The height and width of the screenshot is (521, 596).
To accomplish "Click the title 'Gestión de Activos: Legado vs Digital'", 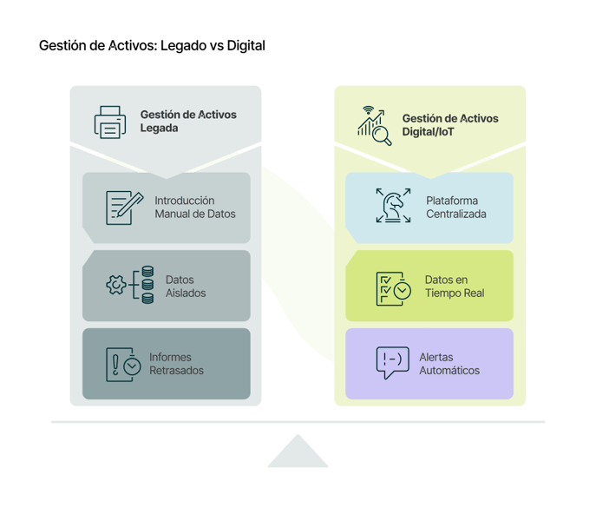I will click(x=152, y=45).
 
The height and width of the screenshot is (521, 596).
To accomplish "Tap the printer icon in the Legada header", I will click(x=110, y=122).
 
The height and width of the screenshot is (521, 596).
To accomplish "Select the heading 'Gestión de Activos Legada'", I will click(x=188, y=122).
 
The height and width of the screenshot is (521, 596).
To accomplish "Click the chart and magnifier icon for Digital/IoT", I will click(x=373, y=122).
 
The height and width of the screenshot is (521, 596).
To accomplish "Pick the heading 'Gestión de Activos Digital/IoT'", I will click(x=449, y=125).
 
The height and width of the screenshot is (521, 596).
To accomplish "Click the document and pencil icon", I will click(x=123, y=208).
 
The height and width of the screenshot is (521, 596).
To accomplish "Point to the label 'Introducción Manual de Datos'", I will click(x=194, y=208).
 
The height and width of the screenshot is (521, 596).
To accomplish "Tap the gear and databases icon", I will click(x=128, y=286).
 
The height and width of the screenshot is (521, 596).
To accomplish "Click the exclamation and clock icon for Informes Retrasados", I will click(x=123, y=364).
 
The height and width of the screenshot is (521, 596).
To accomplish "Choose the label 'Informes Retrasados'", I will click(x=176, y=364).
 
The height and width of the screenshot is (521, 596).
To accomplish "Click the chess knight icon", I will click(x=393, y=207).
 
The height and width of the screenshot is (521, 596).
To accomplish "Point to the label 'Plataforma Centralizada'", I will click(x=455, y=208).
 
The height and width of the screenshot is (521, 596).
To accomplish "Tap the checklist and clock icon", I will click(x=392, y=288).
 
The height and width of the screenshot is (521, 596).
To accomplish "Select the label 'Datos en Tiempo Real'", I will click(x=454, y=287).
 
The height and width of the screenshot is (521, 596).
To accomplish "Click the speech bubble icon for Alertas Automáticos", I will click(x=392, y=362).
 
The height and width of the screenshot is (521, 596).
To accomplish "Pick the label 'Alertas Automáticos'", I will click(x=449, y=364).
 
